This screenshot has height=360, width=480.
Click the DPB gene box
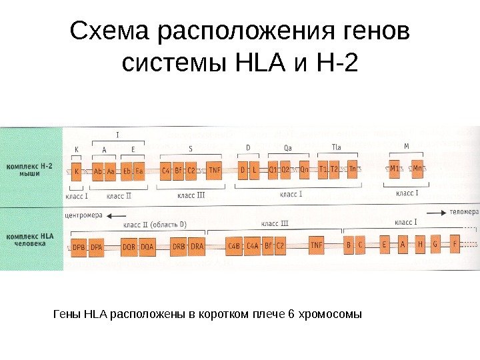click(78, 247)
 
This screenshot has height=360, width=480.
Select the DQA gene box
click(147, 247)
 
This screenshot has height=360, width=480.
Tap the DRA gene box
click(197, 247)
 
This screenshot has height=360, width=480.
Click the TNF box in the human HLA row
click(316, 246)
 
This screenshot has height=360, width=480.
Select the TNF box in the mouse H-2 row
click(214, 171)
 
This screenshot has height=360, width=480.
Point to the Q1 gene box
click(273, 170)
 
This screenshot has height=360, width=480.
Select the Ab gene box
click(98, 171)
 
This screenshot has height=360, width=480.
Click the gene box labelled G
click(436, 245)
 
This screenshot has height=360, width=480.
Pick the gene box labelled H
click(420, 245)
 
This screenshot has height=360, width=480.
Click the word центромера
click(84, 215)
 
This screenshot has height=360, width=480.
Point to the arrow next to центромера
click(117, 215)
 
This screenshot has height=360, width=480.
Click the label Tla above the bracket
click(337, 147)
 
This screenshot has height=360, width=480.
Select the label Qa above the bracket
click(287, 147)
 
